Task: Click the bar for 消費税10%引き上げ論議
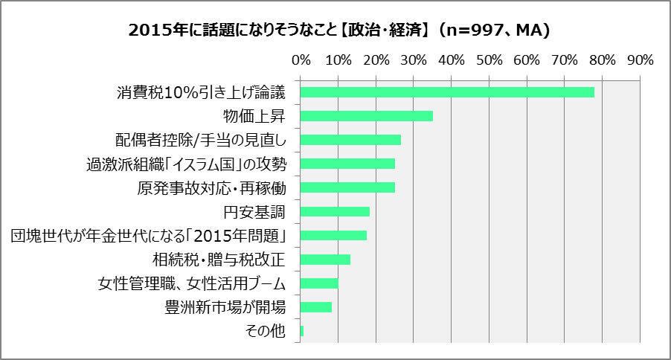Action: [447, 92]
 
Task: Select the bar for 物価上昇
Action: [367, 116]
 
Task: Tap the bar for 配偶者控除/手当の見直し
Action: [350, 140]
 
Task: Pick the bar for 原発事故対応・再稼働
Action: [347, 187]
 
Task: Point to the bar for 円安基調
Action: [335, 211]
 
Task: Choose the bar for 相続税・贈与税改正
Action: [325, 259]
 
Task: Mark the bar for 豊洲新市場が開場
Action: [316, 306]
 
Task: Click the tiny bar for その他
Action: [302, 330]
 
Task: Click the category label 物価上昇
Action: [254, 116]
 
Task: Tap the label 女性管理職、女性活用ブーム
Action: [192, 283]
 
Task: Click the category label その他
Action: [265, 331]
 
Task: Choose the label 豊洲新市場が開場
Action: [225, 307]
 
